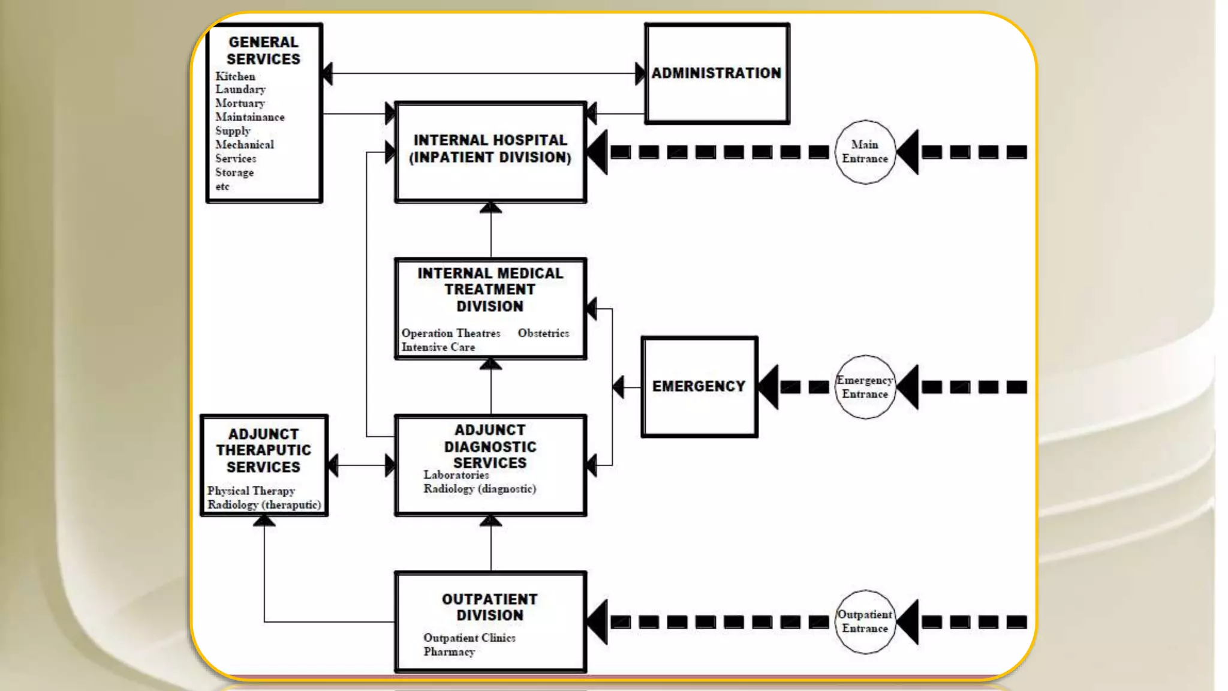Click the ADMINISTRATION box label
(717, 73)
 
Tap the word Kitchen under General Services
(235, 76)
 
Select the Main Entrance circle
(865, 152)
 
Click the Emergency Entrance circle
(865, 387)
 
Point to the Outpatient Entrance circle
(865, 621)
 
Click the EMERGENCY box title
(699, 386)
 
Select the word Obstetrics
(543, 333)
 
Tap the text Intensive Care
(438, 347)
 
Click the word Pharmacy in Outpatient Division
(449, 651)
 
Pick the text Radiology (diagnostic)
(480, 489)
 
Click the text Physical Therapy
(251, 491)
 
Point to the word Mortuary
(240, 103)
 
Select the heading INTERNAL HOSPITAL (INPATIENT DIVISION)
(490, 148)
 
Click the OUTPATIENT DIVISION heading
(490, 607)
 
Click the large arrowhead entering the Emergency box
(769, 387)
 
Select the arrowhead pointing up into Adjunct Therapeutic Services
(264, 521)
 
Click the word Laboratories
(456, 474)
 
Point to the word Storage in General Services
(234, 172)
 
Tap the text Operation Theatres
(451, 333)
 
